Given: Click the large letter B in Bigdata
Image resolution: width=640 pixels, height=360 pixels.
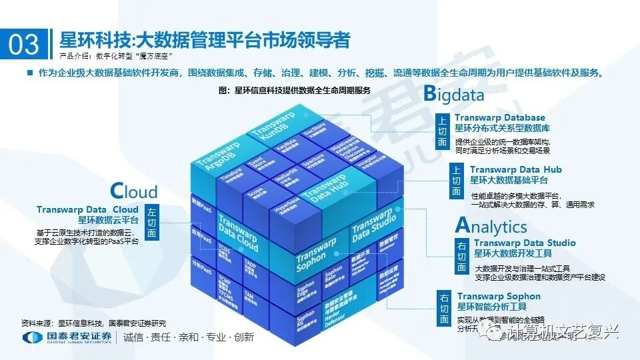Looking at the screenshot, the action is click(x=431, y=94).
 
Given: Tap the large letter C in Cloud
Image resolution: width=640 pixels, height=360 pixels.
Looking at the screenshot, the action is click(x=116, y=191).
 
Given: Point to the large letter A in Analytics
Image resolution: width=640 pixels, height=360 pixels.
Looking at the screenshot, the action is click(x=463, y=225).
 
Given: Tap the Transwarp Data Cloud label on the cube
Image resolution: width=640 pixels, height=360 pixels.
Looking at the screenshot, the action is click(x=238, y=235).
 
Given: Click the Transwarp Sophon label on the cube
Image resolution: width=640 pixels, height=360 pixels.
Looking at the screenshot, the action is click(x=317, y=254).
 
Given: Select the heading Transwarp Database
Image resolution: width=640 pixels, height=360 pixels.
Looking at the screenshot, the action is click(x=500, y=118).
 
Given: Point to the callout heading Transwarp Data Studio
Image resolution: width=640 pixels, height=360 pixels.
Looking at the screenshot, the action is click(x=525, y=243).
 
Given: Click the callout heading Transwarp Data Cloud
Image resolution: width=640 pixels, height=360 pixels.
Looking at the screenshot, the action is click(x=87, y=209).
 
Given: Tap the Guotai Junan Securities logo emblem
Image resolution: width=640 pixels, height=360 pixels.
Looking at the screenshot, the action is click(x=31, y=338).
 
